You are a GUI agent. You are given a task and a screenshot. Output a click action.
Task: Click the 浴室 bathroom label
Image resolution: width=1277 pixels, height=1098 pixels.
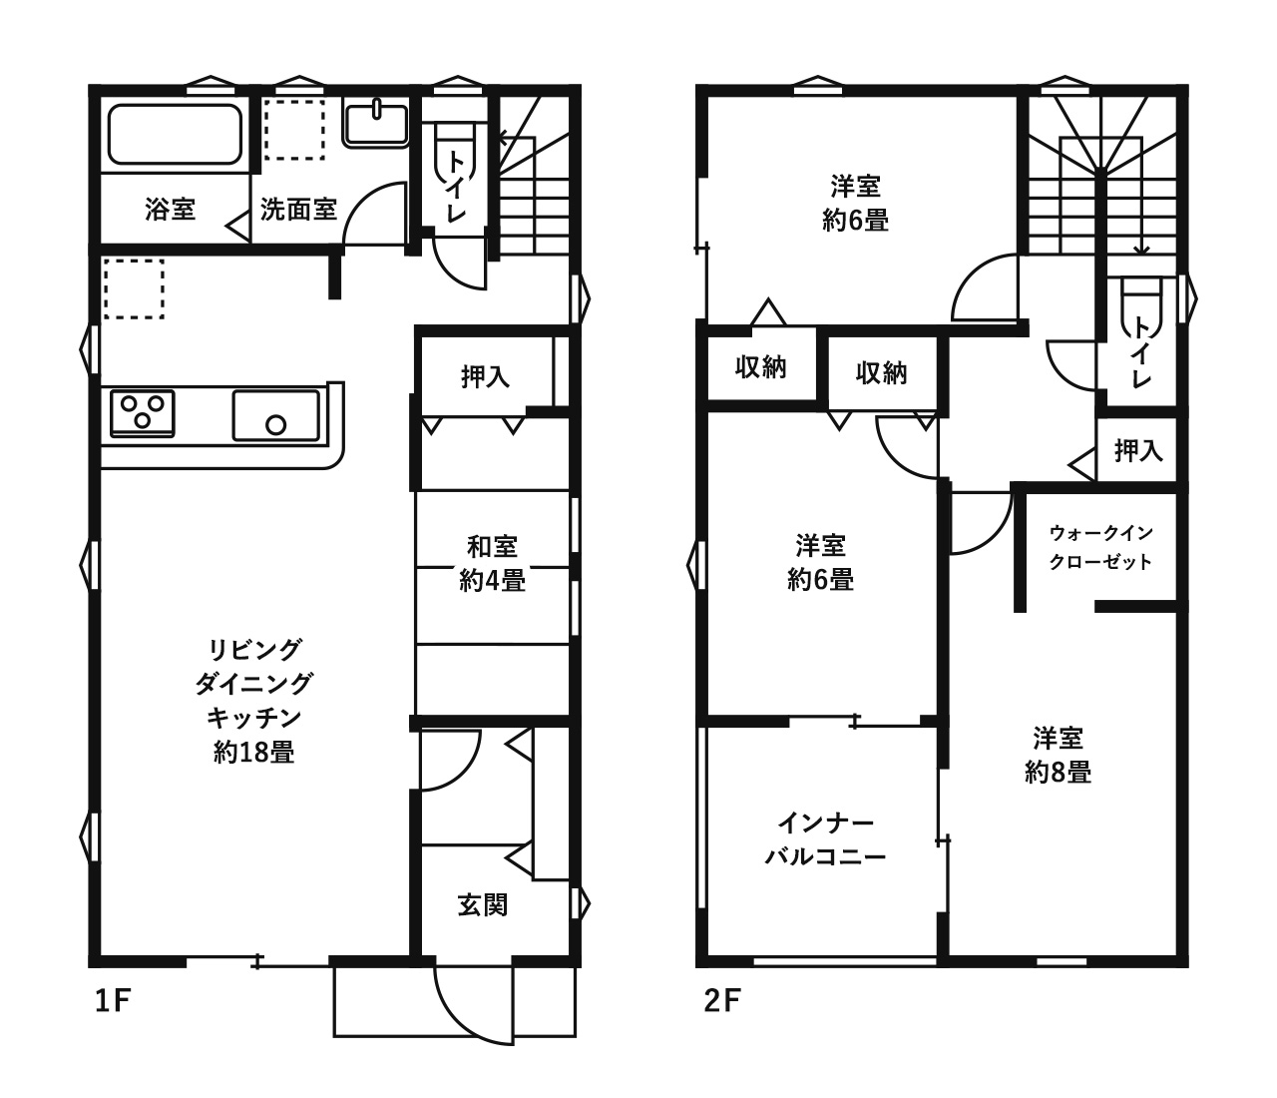point(170,210)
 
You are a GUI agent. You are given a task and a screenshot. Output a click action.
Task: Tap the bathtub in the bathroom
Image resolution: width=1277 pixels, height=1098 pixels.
point(176,134)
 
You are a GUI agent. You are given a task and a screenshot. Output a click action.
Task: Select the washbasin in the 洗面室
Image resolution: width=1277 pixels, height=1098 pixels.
point(376,124)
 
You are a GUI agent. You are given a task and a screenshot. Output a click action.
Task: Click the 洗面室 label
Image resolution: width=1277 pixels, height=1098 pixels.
point(298,210)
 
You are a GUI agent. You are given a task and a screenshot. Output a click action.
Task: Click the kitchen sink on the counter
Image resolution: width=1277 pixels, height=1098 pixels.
point(276,415)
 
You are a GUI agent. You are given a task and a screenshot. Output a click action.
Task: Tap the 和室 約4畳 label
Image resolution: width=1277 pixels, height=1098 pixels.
point(492,563)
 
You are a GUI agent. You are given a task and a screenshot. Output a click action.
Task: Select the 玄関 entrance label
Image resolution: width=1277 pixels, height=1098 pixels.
point(483,904)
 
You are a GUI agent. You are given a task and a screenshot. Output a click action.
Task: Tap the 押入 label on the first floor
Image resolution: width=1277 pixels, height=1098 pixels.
point(485,376)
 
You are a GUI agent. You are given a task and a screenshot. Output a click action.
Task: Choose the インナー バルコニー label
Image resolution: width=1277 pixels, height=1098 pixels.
point(825,840)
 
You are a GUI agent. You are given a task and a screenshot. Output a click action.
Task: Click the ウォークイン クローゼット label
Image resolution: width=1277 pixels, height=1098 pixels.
point(1100,546)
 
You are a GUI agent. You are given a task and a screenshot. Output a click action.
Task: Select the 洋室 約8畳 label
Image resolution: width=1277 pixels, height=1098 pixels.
point(1058,755)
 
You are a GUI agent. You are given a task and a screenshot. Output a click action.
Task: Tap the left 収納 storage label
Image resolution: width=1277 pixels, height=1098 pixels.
point(761,367)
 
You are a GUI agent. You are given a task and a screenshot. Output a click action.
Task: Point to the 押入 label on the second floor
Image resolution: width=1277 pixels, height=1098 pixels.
point(1138,451)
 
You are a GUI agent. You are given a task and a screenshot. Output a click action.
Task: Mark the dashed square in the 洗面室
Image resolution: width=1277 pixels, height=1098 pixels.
point(295,130)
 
